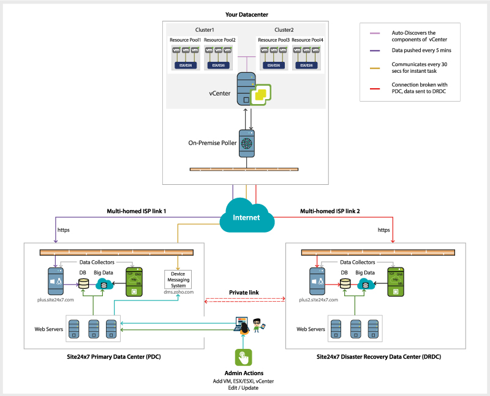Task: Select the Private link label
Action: (x=244, y=293)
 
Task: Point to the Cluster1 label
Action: (x=204, y=30)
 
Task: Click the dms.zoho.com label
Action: (x=179, y=293)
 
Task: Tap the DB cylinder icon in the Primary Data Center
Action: (x=83, y=283)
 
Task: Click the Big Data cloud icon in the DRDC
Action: (x=366, y=283)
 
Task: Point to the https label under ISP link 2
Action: (x=383, y=231)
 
